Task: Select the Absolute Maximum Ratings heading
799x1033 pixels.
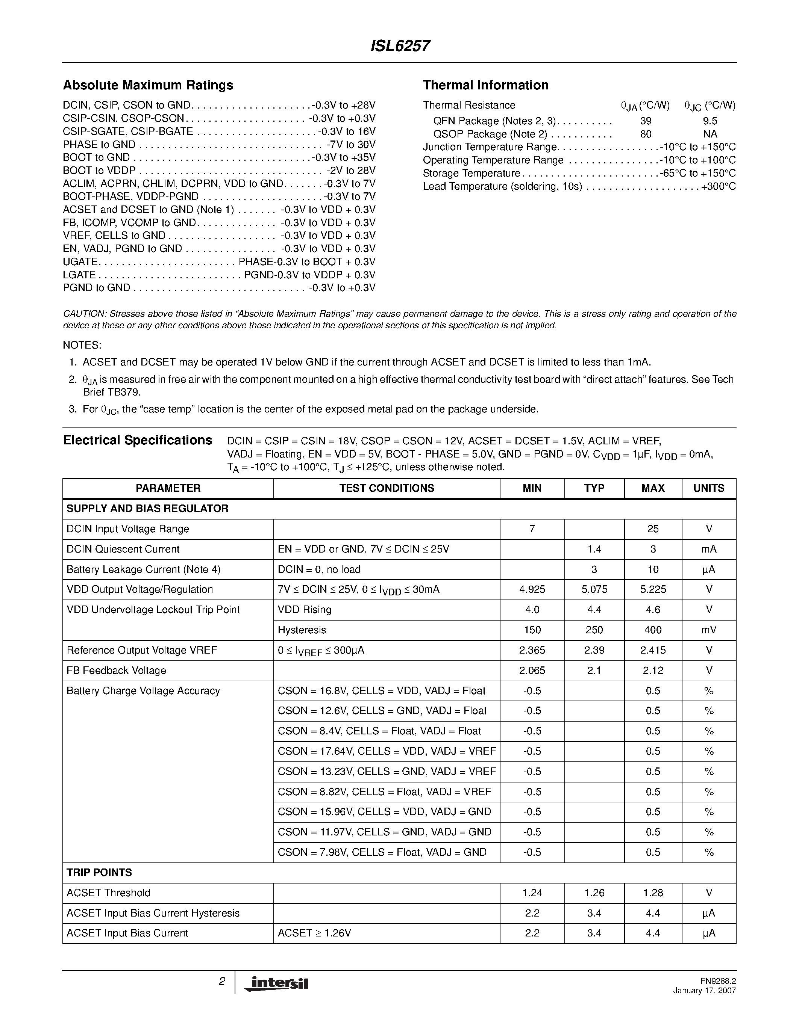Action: pyautogui.click(x=148, y=85)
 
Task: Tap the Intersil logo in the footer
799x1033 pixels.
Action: pyautogui.click(x=276, y=983)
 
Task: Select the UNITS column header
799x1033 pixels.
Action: pyautogui.click(x=709, y=488)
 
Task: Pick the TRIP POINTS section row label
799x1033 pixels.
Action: pyautogui.click(x=99, y=872)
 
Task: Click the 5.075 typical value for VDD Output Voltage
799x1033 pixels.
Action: pyautogui.click(x=594, y=589)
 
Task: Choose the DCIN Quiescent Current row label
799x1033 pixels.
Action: pyautogui.click(x=123, y=549)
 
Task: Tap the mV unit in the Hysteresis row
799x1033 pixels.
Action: pyautogui.click(x=709, y=630)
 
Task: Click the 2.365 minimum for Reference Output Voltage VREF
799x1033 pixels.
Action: pyautogui.click(x=532, y=650)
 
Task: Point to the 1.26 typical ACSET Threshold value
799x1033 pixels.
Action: pyautogui.click(x=594, y=893)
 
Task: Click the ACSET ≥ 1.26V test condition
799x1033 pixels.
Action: pyautogui.click(x=314, y=933)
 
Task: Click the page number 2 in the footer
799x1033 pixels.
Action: pyautogui.click(x=221, y=982)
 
